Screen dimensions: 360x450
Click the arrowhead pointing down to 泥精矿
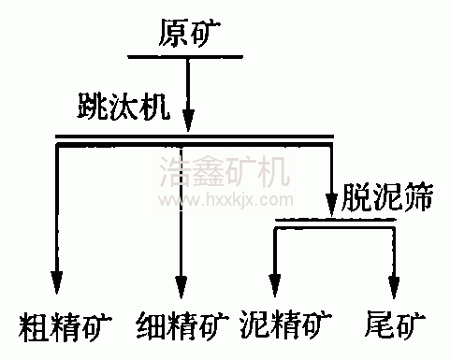(x=275, y=281)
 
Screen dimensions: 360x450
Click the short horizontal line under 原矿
(x=188, y=56)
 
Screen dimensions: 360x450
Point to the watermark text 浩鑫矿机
(x=225, y=172)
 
